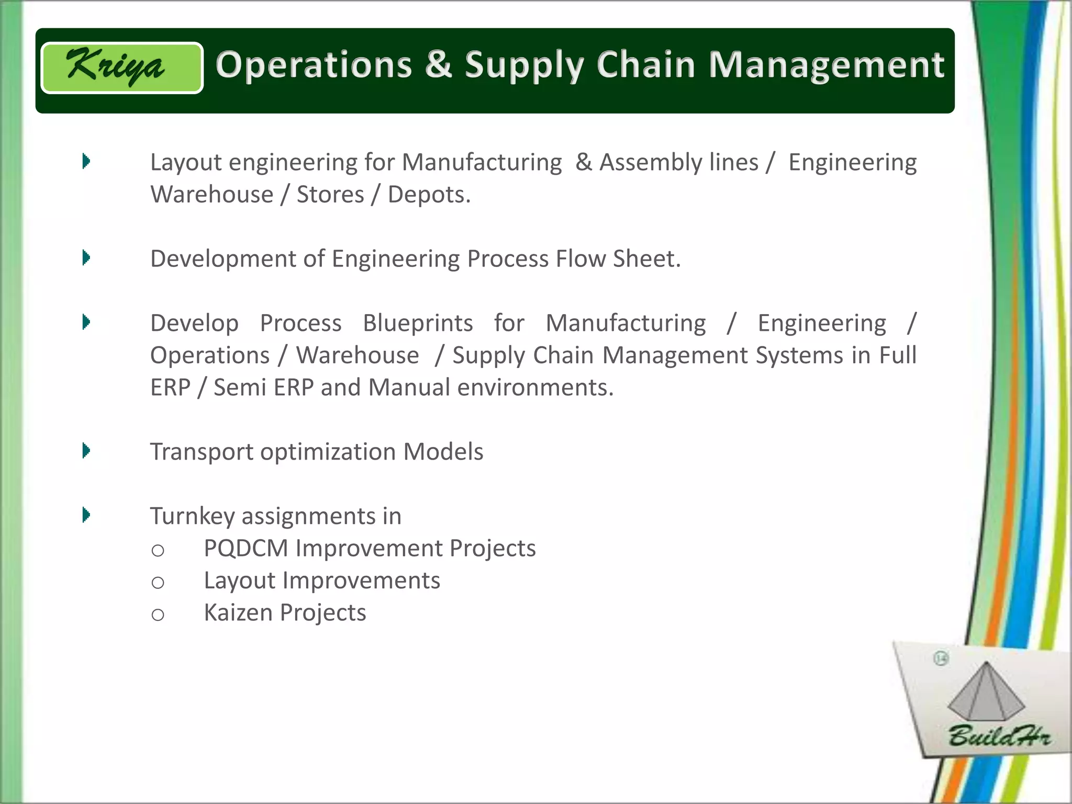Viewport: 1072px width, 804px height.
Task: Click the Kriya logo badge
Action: [x=122, y=68]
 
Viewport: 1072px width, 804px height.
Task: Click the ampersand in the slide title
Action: [x=438, y=65]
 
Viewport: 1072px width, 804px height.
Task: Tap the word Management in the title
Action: [x=827, y=66]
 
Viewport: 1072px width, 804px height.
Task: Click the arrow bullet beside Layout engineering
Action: [x=86, y=161]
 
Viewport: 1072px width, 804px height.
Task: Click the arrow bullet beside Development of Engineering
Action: [x=86, y=258]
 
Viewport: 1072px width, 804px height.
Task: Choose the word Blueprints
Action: [x=418, y=323]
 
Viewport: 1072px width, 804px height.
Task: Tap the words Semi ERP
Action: [x=263, y=388]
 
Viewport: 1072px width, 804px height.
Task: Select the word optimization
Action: [x=328, y=452]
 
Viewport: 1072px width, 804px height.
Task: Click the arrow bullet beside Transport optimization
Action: [x=86, y=451]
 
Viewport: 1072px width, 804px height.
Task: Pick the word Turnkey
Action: [x=192, y=516]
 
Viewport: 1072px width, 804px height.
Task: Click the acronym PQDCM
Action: [x=245, y=549]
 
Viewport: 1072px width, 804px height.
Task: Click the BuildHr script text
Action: [x=999, y=736]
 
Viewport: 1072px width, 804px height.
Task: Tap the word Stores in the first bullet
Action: [x=330, y=195]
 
